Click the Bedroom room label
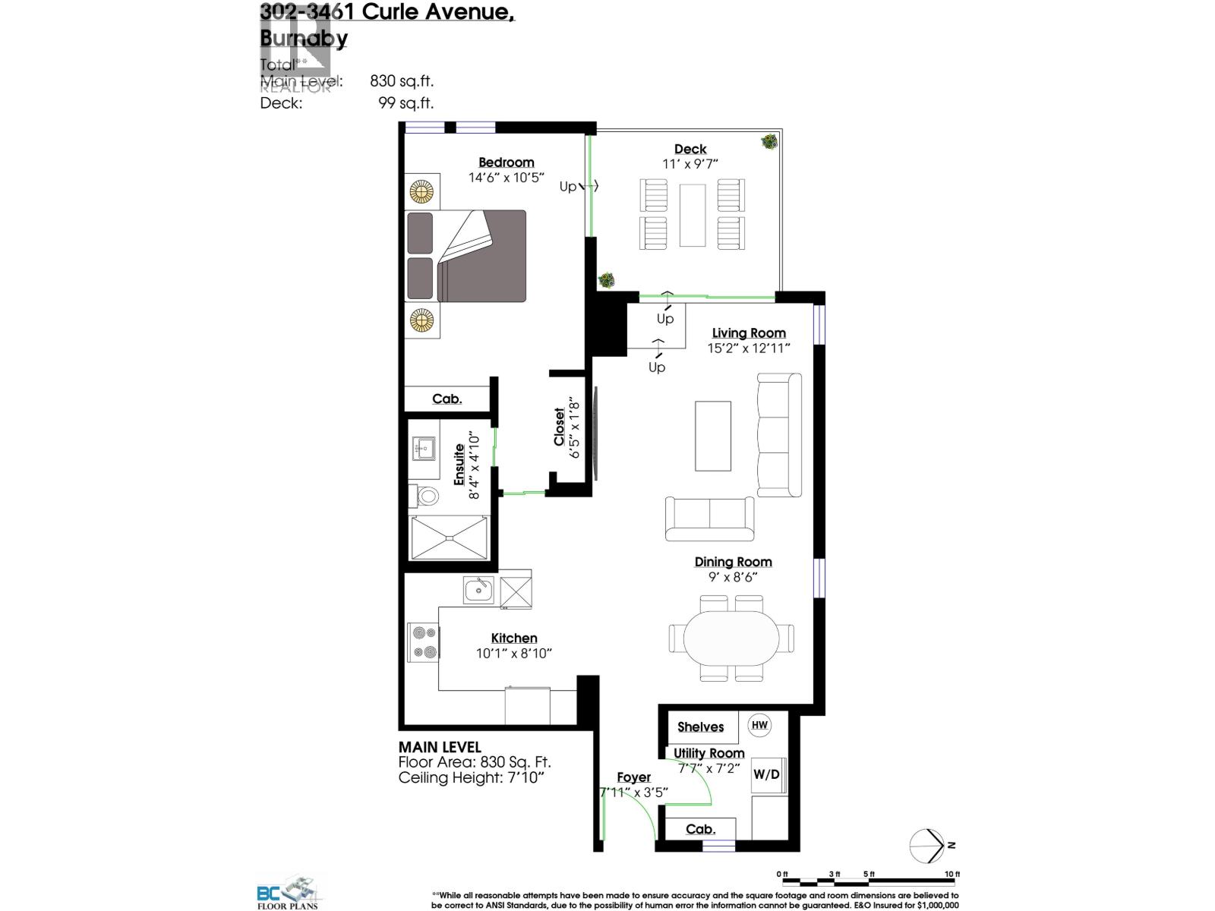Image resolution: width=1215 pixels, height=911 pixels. click(506, 162)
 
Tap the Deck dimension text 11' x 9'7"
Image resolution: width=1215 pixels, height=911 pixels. click(690, 163)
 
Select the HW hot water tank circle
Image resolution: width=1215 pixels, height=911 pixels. click(759, 725)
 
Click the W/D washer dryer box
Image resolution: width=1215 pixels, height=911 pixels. click(766, 774)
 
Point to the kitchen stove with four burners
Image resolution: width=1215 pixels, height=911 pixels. click(423, 642)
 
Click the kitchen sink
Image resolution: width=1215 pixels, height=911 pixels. click(478, 588)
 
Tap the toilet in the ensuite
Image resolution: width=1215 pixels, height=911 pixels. click(428, 497)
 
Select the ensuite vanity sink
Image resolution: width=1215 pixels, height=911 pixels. click(423, 449)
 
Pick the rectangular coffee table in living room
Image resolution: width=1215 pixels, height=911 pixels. click(713, 436)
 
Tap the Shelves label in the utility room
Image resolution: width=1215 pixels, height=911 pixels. click(700, 727)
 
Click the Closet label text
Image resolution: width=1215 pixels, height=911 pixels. click(560, 427)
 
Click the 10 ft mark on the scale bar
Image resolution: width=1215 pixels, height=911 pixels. click(951, 874)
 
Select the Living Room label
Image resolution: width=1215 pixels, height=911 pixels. click(749, 333)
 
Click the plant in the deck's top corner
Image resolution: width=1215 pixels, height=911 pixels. click(770, 141)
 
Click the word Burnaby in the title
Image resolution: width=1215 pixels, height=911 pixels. click(304, 38)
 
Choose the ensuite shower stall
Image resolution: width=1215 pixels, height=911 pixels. click(449, 537)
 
